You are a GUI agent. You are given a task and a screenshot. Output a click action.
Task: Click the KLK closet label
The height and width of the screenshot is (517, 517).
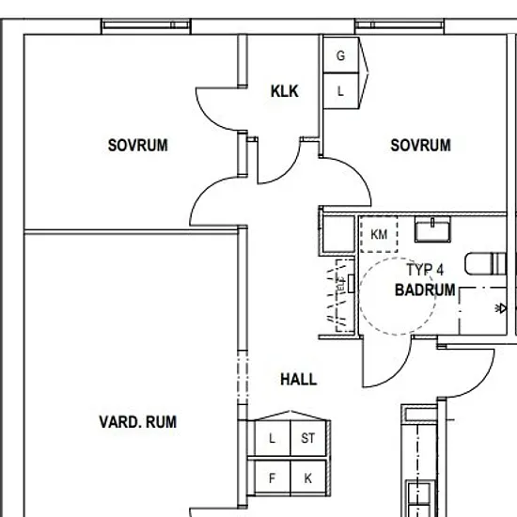tap(285, 91)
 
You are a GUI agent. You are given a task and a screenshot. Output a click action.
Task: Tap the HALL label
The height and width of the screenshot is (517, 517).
tap(298, 380)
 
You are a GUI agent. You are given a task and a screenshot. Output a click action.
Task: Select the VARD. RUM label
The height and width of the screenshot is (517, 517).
tap(138, 422)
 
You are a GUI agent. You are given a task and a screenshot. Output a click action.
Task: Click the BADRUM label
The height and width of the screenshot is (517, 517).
tap(425, 290)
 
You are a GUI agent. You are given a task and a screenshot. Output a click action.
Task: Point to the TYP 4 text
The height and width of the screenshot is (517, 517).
tap(425, 270)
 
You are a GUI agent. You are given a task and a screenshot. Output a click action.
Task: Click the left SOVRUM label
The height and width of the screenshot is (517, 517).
tap(138, 146)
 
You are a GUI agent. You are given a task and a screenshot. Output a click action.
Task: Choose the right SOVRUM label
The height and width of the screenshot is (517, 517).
tap(420, 146)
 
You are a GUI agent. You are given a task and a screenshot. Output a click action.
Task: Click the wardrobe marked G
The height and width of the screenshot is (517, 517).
tap(341, 55)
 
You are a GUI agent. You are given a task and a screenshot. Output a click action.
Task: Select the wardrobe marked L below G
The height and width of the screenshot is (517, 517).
tap(341, 90)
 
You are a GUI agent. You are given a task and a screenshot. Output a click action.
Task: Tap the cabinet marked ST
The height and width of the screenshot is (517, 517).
tap(308, 438)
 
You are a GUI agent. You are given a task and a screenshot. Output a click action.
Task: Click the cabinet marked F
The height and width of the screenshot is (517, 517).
tap(273, 478)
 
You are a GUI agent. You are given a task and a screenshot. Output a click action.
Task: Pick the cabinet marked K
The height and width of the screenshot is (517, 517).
tap(308, 478)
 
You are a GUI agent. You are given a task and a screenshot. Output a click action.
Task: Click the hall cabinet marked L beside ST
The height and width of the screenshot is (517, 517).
tap(273, 438)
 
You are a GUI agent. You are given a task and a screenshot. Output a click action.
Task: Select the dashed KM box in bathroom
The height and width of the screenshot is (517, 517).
tap(379, 234)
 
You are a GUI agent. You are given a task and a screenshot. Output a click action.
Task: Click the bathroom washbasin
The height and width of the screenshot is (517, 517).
tap(432, 229)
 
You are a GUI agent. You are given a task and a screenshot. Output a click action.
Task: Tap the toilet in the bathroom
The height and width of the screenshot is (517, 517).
tap(485, 264)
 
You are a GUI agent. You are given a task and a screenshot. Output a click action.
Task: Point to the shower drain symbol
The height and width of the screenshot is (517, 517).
tap(501, 308)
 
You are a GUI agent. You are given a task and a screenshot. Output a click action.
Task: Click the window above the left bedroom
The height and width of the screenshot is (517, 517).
tap(146, 25)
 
